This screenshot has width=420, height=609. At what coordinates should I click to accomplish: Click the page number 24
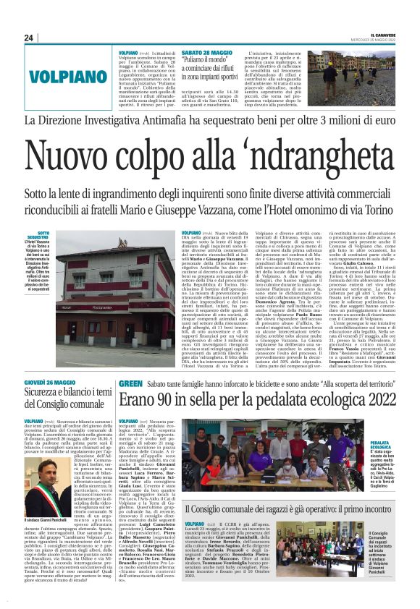click(x=30, y=38)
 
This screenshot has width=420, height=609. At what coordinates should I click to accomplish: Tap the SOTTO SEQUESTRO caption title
click(x=38, y=236)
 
